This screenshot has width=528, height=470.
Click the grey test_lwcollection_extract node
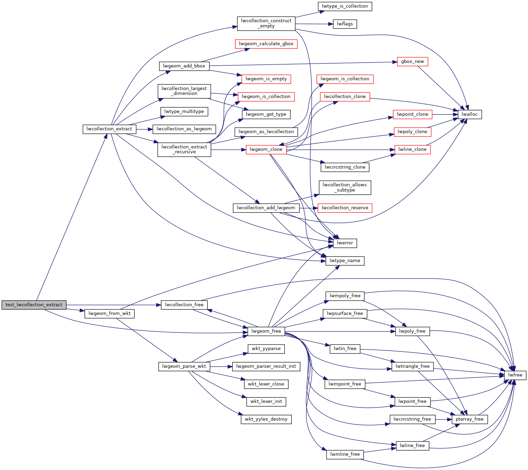pos(34,305)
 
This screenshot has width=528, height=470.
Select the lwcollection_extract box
pos(109,129)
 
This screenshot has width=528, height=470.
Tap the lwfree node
pos(515,375)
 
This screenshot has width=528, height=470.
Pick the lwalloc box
pos(470,114)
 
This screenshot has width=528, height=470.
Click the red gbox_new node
pos(412,62)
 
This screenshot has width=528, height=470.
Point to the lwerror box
pos(345,243)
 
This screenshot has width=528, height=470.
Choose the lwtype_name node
pos(345,261)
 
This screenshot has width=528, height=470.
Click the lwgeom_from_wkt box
pos(109,314)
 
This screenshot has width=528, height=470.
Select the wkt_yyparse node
pos(266,349)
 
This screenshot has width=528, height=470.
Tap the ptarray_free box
pos(470,419)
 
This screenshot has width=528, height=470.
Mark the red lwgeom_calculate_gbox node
pos(266,44)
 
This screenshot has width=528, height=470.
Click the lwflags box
pos(345,24)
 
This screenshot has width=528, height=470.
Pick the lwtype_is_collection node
pos(345,6)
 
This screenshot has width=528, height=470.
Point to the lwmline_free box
pos(345,454)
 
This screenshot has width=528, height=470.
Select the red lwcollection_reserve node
pos(345,208)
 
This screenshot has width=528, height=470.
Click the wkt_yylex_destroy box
pos(266,419)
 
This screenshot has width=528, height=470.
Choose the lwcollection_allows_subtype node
pos(345,187)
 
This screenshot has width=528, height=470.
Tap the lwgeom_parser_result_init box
pos(266,366)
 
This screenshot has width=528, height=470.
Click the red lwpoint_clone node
pos(412,114)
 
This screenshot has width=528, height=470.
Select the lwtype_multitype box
pos(184,112)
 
